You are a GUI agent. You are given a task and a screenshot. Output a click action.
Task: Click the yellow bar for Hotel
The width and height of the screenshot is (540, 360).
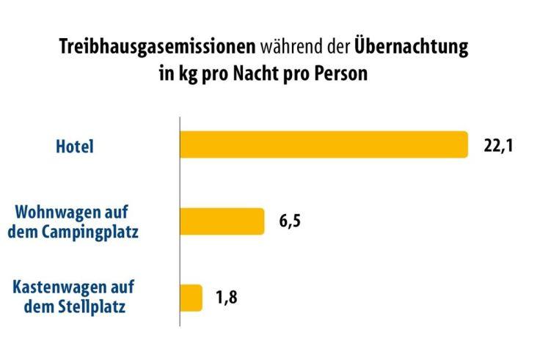pos(324,144)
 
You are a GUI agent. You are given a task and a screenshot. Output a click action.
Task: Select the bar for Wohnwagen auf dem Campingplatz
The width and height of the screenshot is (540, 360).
pos(222,221)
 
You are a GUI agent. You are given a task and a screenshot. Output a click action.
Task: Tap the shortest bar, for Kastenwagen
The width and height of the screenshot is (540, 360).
pos(191,298)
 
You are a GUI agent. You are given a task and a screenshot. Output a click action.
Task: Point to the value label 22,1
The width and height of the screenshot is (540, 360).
pos(497,145)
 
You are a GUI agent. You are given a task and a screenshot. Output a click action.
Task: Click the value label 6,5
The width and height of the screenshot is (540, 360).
pos(289,221)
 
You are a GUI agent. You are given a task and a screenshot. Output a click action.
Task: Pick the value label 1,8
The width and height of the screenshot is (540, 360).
pos(227,298)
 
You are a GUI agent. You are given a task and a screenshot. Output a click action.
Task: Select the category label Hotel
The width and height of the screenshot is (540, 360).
pos(76,147)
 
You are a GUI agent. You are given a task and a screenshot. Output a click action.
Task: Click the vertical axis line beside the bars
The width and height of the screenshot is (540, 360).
pos(180,220)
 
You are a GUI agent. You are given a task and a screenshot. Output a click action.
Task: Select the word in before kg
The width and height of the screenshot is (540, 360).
pos(165,74)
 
